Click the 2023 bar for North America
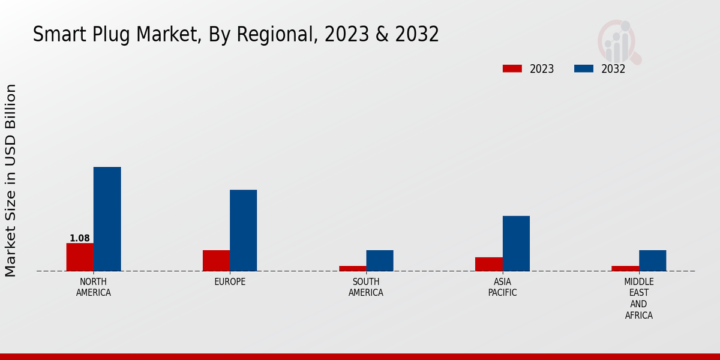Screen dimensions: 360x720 coord(80,257)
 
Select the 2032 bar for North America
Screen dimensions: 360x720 coord(107,219)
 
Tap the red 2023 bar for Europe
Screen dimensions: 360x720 coord(216,260)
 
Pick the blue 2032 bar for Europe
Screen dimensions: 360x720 coord(243,230)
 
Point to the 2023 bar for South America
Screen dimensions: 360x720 coord(352,268)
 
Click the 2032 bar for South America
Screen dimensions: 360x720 coord(380,260)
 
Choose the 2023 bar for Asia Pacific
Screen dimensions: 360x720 coord(488,264)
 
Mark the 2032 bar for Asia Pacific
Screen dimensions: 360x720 coord(516,243)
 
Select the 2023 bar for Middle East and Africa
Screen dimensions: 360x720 coord(625,268)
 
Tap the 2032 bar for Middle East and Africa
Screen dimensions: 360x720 coord(652,260)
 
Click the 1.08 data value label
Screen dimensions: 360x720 coord(80,238)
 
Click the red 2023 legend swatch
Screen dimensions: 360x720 coord(512,68)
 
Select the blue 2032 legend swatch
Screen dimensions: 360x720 coord(583,68)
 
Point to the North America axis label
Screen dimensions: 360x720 coord(94,287)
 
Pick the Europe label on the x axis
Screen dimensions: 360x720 coord(230,282)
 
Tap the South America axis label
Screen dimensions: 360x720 coord(366,287)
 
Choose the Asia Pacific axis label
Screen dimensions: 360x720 coord(502,287)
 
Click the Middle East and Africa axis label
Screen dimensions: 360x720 coord(639,298)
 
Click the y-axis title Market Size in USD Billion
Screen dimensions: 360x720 coord(11,180)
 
